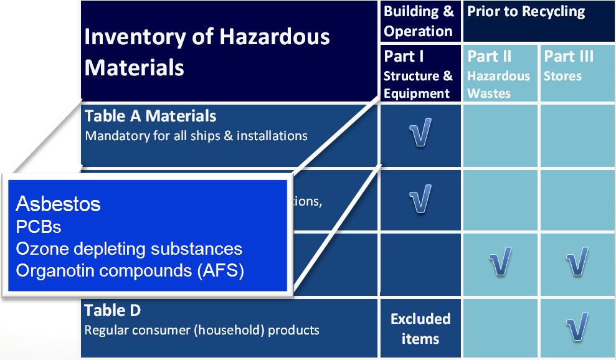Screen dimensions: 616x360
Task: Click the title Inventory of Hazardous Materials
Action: pos(207,52)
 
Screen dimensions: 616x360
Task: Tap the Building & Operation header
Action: pos(419,21)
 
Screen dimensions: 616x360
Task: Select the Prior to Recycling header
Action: pos(526,11)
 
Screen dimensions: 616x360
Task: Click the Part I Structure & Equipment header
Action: pos(418,74)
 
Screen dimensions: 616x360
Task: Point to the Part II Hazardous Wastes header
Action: pos(498,74)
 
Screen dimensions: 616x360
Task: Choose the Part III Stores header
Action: pos(569,65)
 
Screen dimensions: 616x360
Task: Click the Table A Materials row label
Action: pos(151,116)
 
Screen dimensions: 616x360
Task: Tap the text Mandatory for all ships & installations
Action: pos(196,136)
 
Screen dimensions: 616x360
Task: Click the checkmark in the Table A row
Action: pos(420,132)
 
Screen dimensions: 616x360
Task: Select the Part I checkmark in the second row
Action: pos(420,199)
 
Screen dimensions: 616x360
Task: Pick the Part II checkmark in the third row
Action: pos(501,261)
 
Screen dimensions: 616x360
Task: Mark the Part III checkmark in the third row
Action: pos(577,261)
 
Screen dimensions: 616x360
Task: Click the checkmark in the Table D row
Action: pos(577,326)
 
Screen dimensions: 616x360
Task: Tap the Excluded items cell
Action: pos(420,329)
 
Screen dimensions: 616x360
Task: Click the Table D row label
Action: pos(112,310)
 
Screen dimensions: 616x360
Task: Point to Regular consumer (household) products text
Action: pos(202,329)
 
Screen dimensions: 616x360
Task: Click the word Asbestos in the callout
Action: pos(58,204)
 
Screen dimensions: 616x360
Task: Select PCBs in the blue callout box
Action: pos(39,227)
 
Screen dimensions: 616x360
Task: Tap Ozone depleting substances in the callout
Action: pos(130,249)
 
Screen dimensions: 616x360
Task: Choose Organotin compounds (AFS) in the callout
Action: pos(130,271)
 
